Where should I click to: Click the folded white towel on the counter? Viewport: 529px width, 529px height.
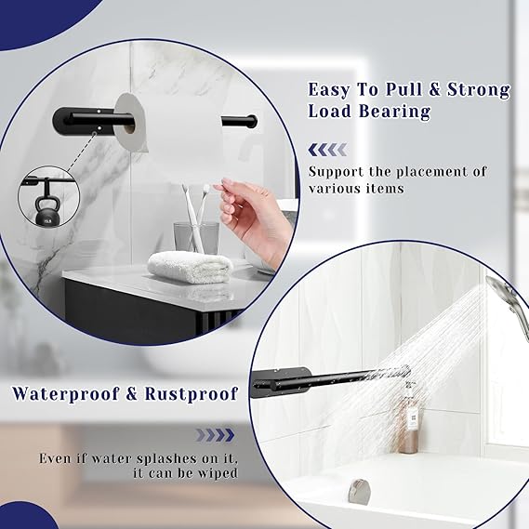(x=190, y=266)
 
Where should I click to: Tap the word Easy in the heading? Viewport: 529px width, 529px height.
(x=330, y=90)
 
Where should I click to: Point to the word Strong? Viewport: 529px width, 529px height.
(x=480, y=90)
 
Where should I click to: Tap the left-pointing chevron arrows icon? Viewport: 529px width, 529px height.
(x=326, y=149)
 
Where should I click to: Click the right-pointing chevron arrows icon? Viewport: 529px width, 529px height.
(x=216, y=433)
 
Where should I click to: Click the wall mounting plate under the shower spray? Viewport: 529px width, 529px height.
(x=289, y=380)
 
